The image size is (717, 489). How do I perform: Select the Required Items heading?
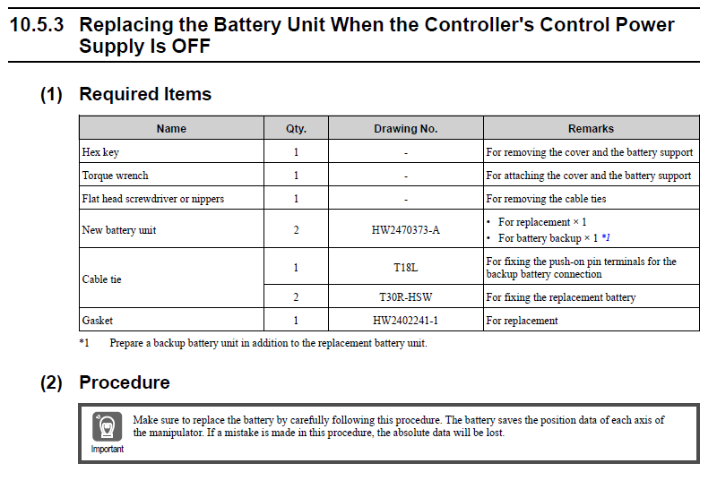point(145,94)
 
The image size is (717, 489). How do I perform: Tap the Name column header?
point(171,128)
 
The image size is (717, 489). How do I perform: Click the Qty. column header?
point(296,128)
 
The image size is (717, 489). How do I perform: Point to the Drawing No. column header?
point(405,128)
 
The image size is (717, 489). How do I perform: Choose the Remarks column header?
point(591,128)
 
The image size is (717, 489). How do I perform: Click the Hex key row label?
point(100,152)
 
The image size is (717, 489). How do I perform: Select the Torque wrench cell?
point(115,176)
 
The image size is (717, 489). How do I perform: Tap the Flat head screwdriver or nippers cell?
point(152,199)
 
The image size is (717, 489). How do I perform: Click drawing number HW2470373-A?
point(405,230)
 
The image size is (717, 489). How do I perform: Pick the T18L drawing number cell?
point(405,268)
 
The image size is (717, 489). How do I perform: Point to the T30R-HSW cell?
point(405,296)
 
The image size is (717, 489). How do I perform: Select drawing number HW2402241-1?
point(405,320)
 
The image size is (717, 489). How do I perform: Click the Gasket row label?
point(98,320)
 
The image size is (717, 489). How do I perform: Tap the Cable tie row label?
point(101,279)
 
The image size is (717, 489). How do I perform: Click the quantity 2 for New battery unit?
point(296,230)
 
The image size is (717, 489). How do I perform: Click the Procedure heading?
point(125,382)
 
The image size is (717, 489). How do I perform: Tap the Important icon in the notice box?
point(107,427)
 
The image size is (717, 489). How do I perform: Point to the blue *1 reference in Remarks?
point(606,238)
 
